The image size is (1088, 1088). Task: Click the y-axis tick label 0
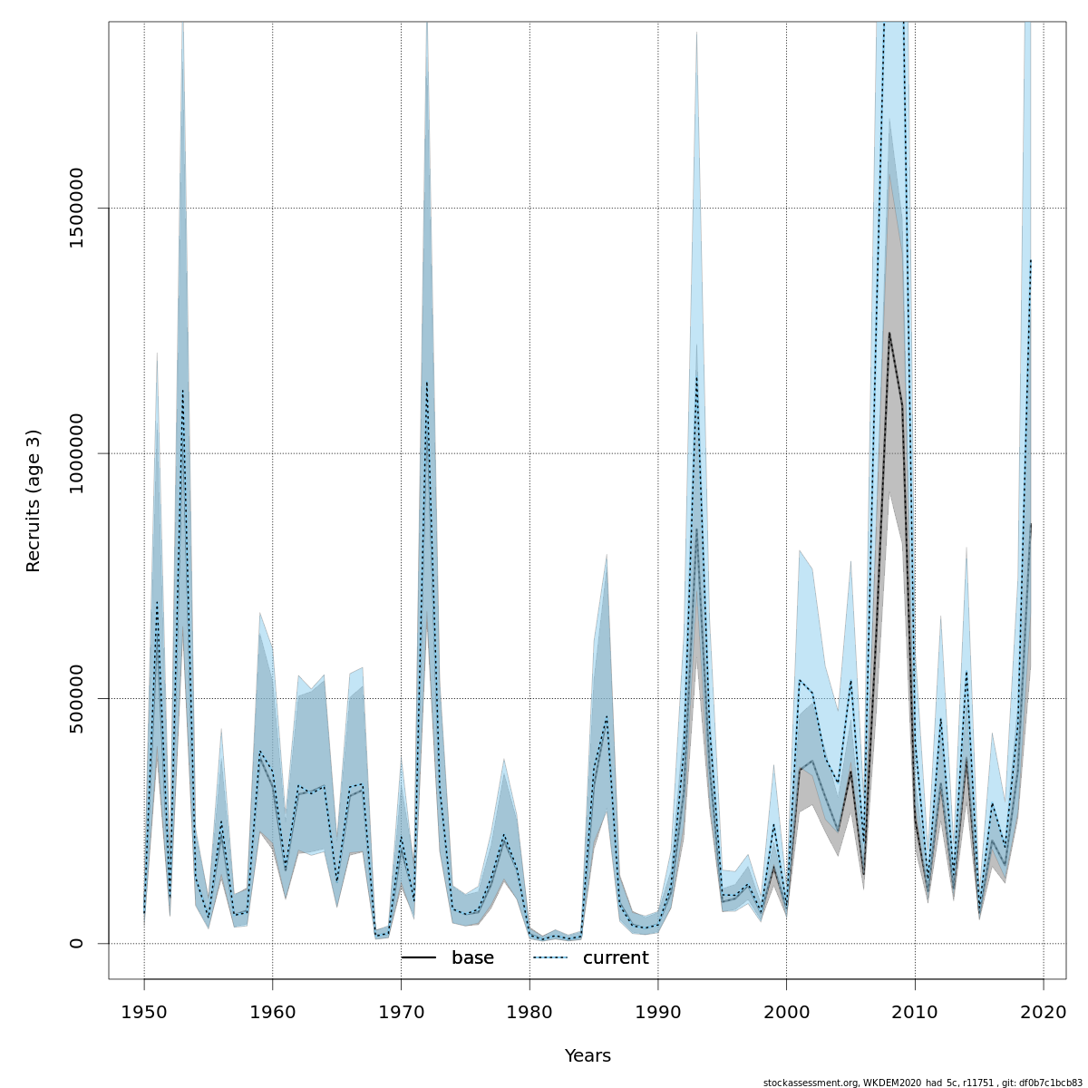tap(76, 943)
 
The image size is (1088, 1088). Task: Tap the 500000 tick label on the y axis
tap(76, 698)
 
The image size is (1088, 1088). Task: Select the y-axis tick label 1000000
tap(76, 453)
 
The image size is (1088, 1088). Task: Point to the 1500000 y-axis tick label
tap(76, 209)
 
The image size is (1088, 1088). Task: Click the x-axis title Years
tap(588, 1056)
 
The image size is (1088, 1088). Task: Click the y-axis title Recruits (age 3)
tap(34, 500)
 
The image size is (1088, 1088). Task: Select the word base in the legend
tap(472, 958)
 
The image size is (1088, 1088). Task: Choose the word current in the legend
tap(616, 958)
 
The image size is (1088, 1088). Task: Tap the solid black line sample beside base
tap(419, 958)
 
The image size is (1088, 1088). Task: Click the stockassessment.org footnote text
tap(922, 1083)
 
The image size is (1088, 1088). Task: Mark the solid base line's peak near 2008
tap(889, 333)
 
